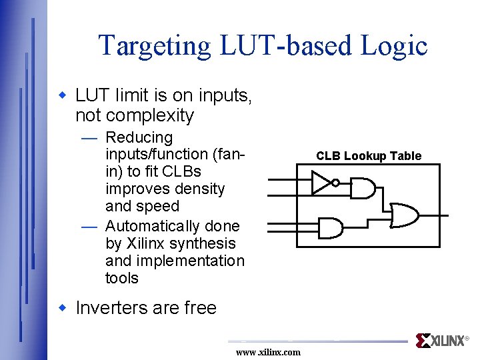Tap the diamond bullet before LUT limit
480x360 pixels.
tap(63, 96)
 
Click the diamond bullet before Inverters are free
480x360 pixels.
tap(63, 308)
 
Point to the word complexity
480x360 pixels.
tap(150, 115)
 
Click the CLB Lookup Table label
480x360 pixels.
tap(369, 156)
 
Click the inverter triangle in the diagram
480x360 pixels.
tap(321, 183)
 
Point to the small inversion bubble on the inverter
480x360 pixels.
tap(336, 183)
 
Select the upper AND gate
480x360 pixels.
tap(363, 188)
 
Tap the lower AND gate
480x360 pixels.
tap(331, 228)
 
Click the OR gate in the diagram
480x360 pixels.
tap(403, 215)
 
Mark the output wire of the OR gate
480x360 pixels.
tap(433, 215)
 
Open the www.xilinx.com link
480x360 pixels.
tap(268, 352)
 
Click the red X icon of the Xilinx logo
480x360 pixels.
tap(423, 341)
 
